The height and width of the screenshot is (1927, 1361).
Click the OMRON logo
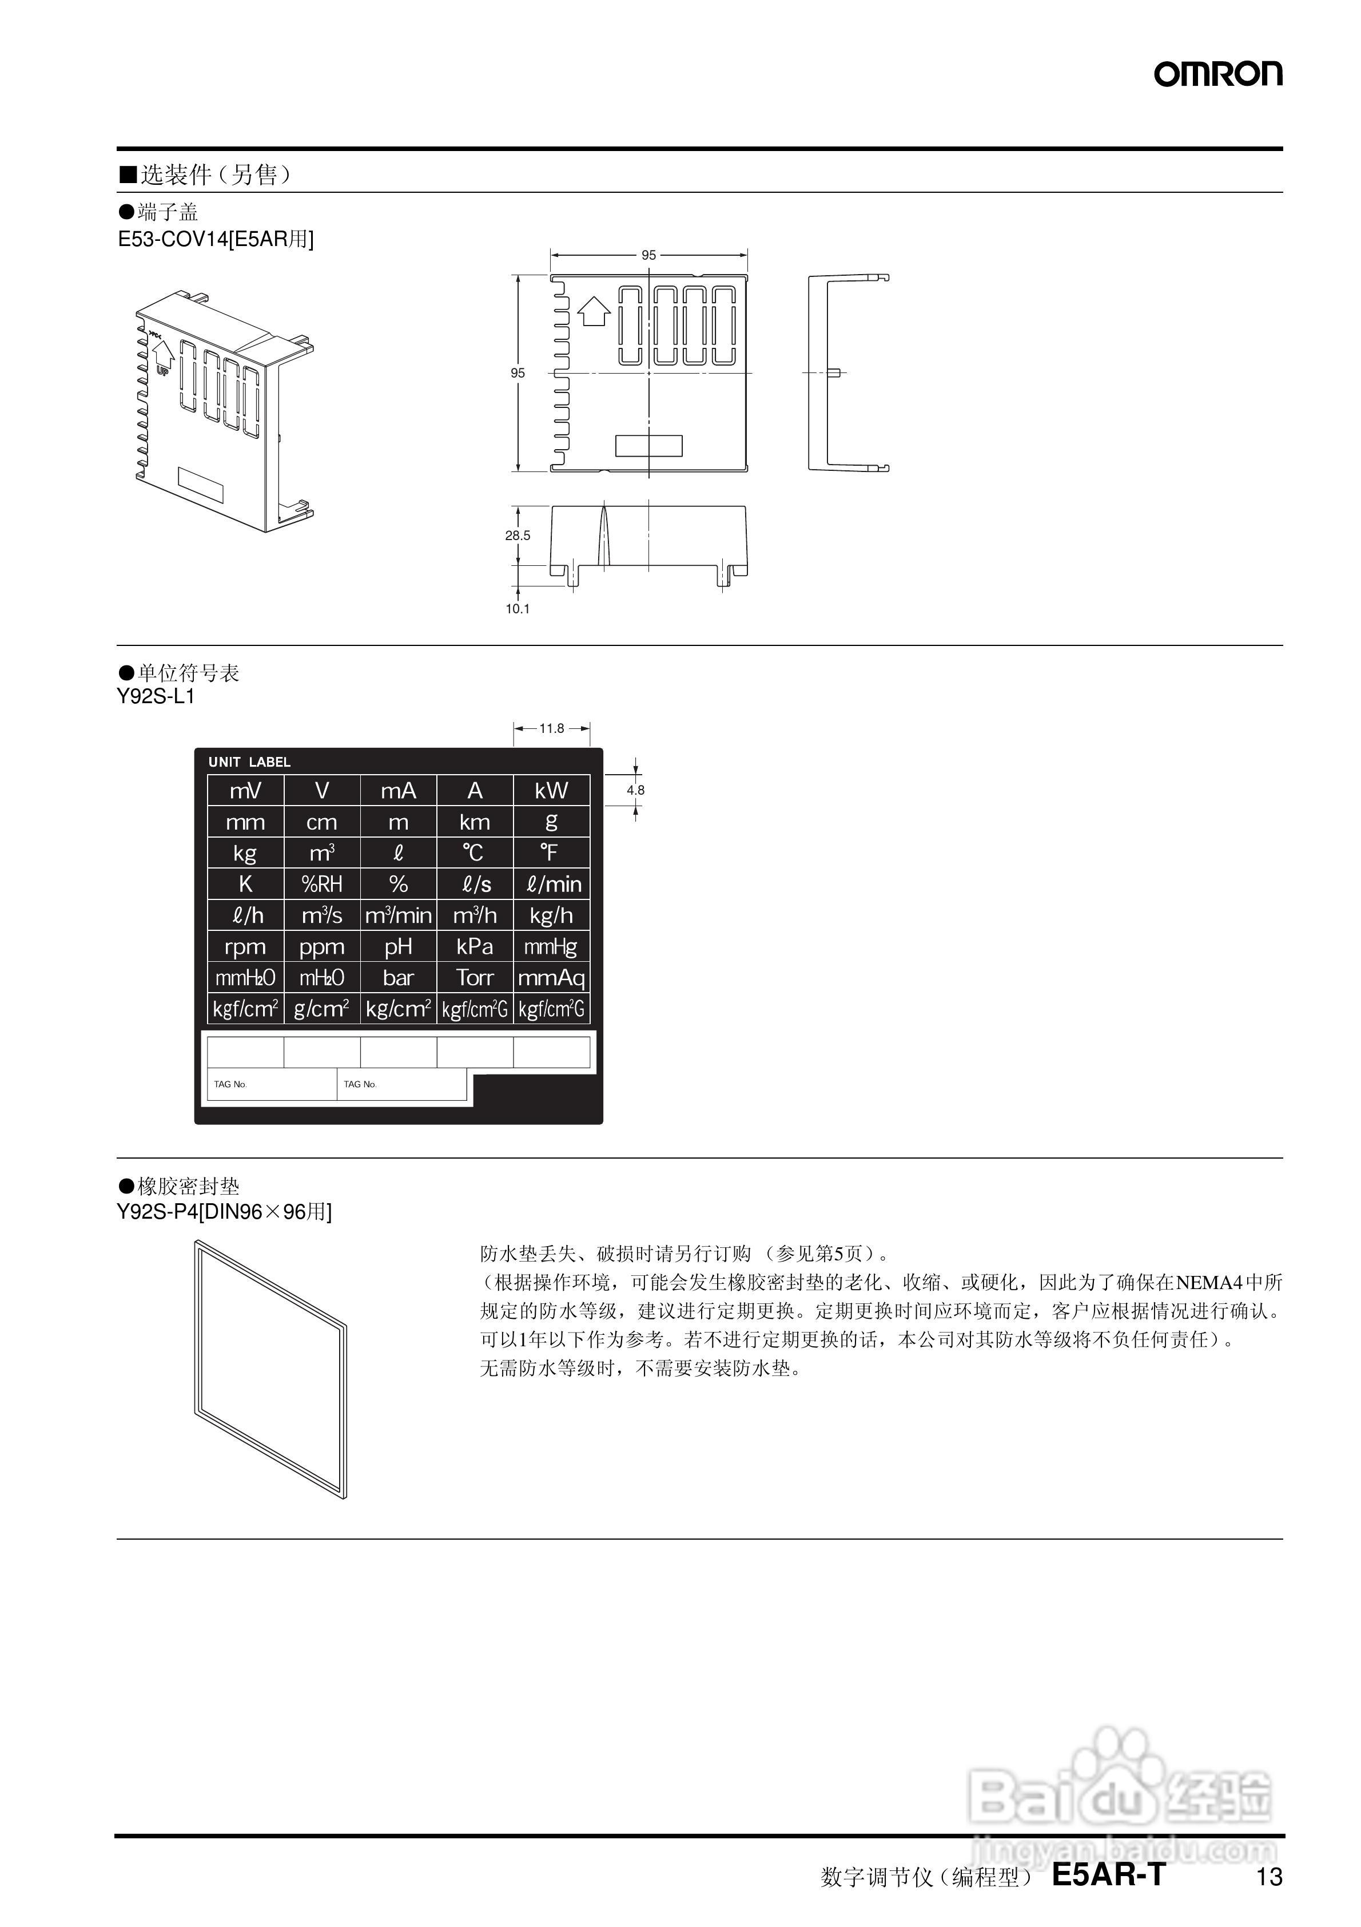[1217, 74]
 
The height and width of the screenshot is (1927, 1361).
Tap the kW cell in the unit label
[551, 791]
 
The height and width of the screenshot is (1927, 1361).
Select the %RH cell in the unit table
[321, 884]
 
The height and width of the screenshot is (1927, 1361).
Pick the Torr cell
[475, 978]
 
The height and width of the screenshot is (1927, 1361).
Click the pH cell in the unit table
[398, 947]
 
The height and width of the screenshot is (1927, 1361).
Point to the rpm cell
[245, 947]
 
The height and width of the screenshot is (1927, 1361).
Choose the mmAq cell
[551, 978]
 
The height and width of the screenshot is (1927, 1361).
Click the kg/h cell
[551, 915]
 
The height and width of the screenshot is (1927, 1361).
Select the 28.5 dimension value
[518, 536]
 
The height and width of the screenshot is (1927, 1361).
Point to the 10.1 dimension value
[518, 609]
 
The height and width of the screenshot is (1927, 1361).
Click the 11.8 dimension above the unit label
[551, 728]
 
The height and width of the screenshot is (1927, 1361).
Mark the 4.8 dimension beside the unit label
[635, 790]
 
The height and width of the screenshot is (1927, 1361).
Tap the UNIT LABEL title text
[249, 762]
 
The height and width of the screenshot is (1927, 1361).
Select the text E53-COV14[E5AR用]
[216, 239]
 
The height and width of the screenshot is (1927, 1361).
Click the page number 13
[1269, 1877]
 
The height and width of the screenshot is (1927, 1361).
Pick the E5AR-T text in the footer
[1108, 1874]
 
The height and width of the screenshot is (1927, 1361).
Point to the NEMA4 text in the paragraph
[1208, 1282]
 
